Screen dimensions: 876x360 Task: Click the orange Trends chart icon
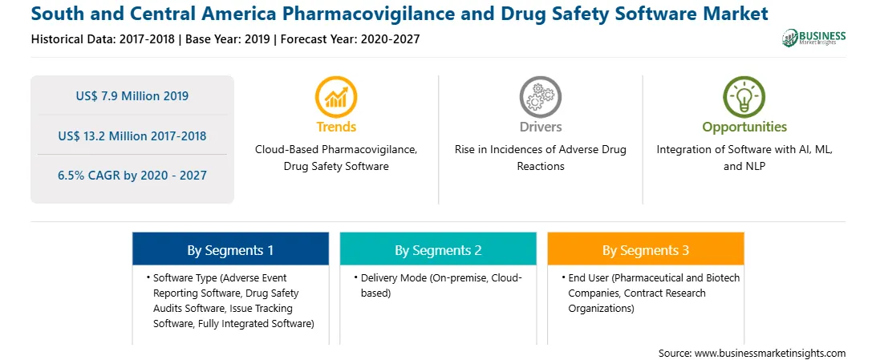(x=336, y=96)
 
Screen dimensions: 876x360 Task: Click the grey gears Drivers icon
(x=540, y=96)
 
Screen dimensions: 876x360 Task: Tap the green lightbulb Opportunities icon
(x=744, y=96)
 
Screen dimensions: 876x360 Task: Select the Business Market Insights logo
(x=814, y=38)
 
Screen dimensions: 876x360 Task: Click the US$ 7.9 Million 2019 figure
(x=132, y=96)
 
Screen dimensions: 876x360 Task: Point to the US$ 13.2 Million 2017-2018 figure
(x=132, y=136)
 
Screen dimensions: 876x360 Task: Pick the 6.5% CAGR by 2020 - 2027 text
(x=132, y=176)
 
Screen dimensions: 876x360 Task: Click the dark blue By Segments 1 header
(x=230, y=251)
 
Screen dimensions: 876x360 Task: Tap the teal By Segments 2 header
(x=438, y=251)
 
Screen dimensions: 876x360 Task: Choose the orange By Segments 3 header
(x=646, y=251)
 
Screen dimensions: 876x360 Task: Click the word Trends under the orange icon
(x=336, y=127)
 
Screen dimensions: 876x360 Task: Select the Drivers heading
(x=541, y=127)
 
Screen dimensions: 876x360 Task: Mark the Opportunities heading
(x=744, y=127)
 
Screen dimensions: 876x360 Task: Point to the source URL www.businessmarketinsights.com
(x=770, y=353)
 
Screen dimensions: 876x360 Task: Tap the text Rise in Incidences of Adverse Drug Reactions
(x=541, y=158)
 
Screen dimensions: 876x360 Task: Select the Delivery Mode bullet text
(x=441, y=285)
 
